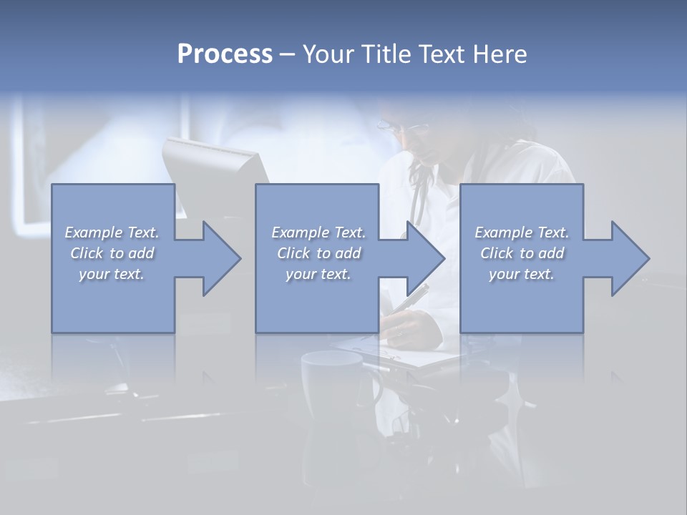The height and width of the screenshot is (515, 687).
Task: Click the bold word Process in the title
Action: pos(225,54)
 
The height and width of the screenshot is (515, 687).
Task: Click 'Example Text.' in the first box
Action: pos(112,232)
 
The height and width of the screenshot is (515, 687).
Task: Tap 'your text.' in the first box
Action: pos(112,274)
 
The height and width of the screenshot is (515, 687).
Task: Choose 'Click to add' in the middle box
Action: pos(318,253)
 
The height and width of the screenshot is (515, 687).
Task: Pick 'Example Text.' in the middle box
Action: pos(318,232)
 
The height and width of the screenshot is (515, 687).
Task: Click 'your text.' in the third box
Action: pos(522,274)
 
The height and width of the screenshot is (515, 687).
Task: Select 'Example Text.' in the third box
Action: pos(522,232)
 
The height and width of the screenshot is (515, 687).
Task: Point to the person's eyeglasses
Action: pos(404,127)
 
